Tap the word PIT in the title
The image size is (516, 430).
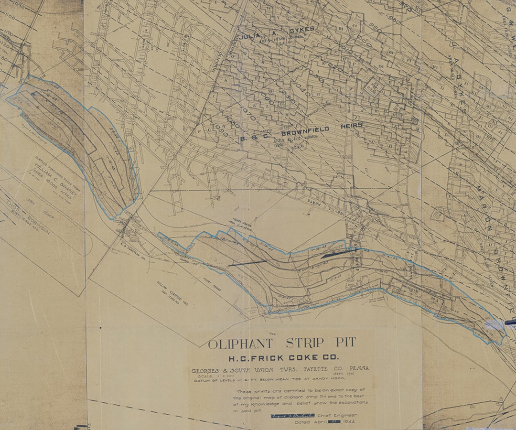pos(342,343)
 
